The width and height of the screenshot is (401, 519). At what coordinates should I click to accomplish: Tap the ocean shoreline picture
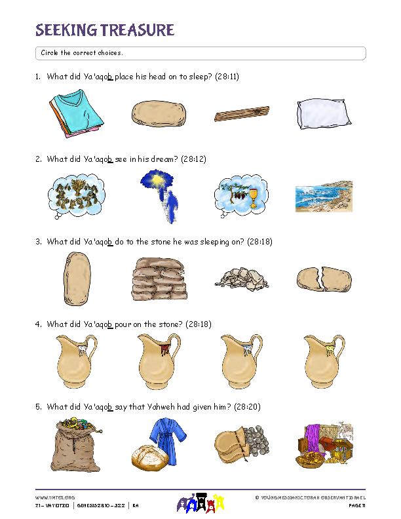point(323,197)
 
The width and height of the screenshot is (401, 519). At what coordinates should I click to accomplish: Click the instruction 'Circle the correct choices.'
point(82,52)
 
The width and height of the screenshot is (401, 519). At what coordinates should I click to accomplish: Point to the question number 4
point(37,324)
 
